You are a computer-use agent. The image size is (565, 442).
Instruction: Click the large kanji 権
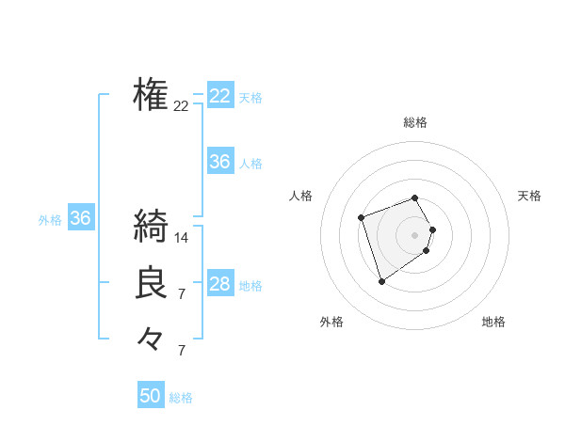tap(151, 94)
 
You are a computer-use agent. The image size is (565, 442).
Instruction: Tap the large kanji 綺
tap(151, 227)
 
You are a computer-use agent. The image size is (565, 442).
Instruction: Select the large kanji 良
tap(151, 283)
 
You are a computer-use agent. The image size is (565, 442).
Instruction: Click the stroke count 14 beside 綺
tap(182, 238)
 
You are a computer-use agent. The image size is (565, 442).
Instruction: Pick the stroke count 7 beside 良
tap(182, 294)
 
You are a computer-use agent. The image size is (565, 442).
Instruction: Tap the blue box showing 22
tap(220, 96)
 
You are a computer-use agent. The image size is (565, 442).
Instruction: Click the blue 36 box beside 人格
tap(220, 162)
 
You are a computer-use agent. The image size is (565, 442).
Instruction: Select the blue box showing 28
tap(220, 284)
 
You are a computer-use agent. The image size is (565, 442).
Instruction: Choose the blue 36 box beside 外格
tap(81, 219)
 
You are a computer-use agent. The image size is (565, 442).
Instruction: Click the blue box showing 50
tap(151, 396)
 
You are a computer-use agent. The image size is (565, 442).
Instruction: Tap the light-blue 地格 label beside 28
tap(250, 286)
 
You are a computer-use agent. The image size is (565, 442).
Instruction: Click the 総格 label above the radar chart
tap(414, 122)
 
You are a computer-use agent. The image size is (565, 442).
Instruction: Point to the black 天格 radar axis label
tap(529, 196)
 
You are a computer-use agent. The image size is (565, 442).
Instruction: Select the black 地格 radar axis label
tap(493, 322)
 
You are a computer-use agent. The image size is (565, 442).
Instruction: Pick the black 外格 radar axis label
tap(331, 322)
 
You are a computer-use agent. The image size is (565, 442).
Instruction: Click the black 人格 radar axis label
tap(300, 196)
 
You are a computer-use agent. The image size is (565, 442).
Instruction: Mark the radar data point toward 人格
tap(362, 218)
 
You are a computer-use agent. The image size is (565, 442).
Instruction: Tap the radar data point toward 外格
tap(381, 280)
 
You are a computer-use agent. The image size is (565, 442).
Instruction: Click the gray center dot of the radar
tap(414, 234)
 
